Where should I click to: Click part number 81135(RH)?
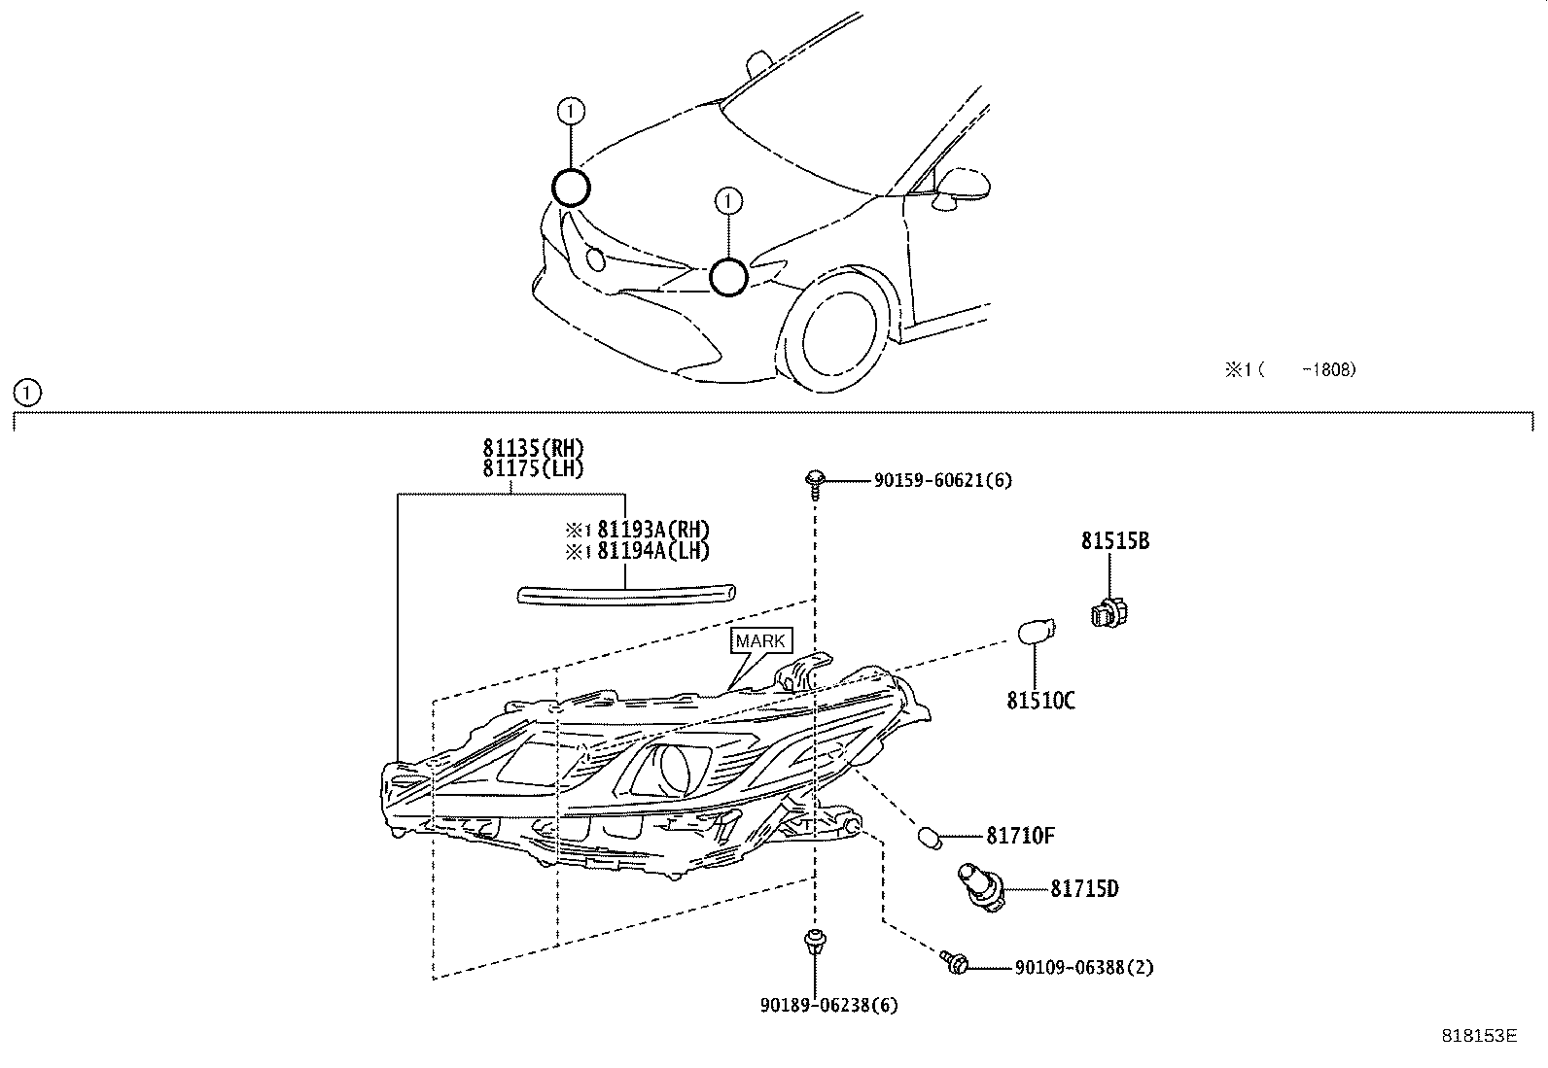click(533, 448)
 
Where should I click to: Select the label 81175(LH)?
click(533, 468)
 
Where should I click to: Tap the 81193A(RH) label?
click(652, 530)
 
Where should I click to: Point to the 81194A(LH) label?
click(652, 551)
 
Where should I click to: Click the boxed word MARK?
click(759, 641)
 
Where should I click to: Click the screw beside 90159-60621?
click(815, 481)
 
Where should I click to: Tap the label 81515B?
click(1114, 541)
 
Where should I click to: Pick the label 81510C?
click(1039, 701)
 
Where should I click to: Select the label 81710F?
click(1020, 836)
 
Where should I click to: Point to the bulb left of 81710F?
click(930, 837)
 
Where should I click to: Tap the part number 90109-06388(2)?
click(1083, 968)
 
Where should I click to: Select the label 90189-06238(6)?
click(828, 1005)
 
